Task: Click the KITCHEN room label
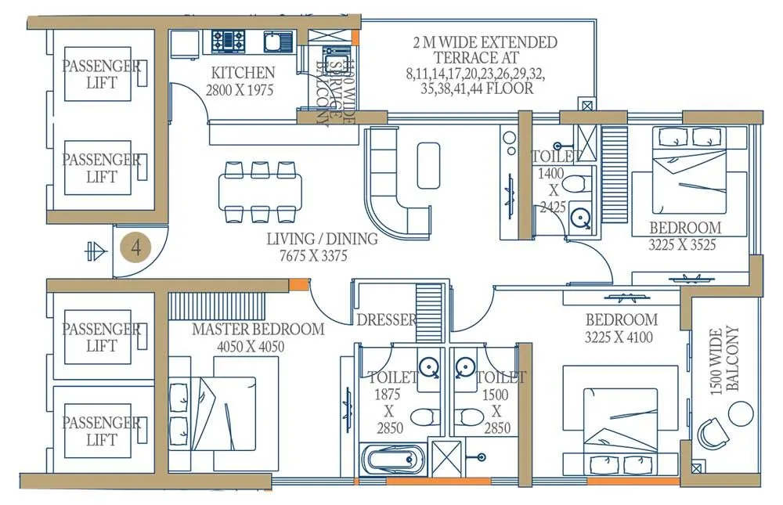(241, 73)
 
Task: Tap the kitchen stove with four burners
(229, 40)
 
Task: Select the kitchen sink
(276, 41)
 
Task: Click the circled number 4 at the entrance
(137, 248)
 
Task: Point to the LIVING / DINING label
(322, 239)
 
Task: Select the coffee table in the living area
(429, 164)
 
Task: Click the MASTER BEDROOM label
(258, 329)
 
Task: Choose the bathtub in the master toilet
(393, 459)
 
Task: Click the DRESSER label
(386, 319)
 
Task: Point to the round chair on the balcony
(713, 432)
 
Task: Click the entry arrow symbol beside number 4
(94, 251)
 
